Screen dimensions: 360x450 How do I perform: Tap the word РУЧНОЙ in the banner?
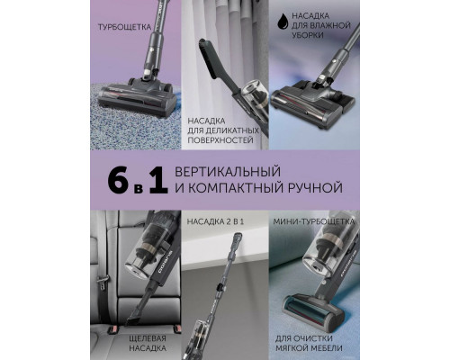(x=320, y=188)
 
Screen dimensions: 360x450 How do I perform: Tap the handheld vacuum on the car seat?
(x=149, y=262)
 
